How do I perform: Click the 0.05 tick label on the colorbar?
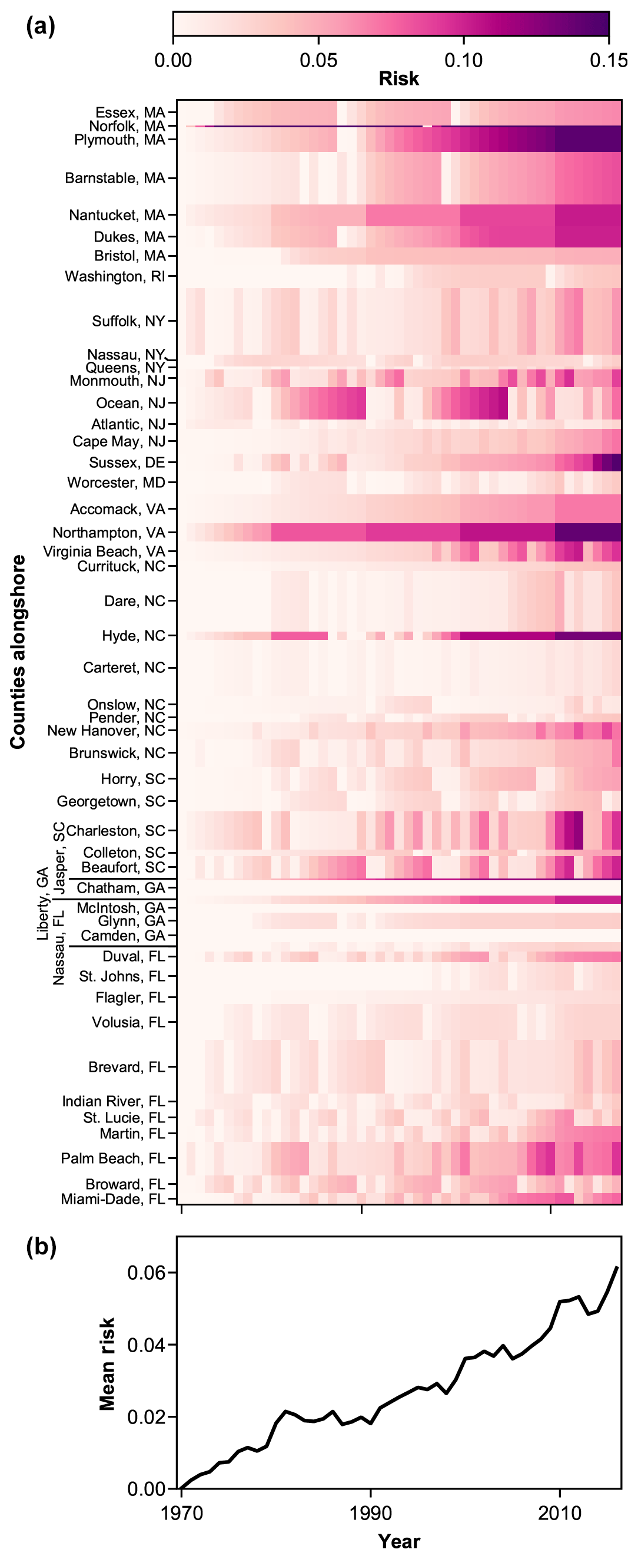coord(318,61)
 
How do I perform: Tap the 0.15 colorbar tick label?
coord(609,61)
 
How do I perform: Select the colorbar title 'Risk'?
coord(398,79)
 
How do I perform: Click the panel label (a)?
coord(41,27)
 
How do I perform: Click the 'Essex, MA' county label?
coord(130,113)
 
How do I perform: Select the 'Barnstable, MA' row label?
coord(115,178)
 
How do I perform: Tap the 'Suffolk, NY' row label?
coord(128,321)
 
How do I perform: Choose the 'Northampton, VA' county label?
coord(109,533)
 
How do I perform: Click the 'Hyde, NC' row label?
coord(133,636)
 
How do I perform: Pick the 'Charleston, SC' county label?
coord(115,830)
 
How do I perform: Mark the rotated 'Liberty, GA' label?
coord(42,904)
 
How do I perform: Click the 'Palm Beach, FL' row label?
coord(112,1158)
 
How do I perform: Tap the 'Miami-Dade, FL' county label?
coord(112,1199)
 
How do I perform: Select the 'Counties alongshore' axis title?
coord(18,652)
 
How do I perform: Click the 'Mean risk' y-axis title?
coord(107,1363)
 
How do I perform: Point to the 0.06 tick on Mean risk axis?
coord(147,1273)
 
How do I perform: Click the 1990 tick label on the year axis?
coord(370,1513)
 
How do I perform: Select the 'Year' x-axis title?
coord(398,1541)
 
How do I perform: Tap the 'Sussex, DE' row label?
coord(127,463)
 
